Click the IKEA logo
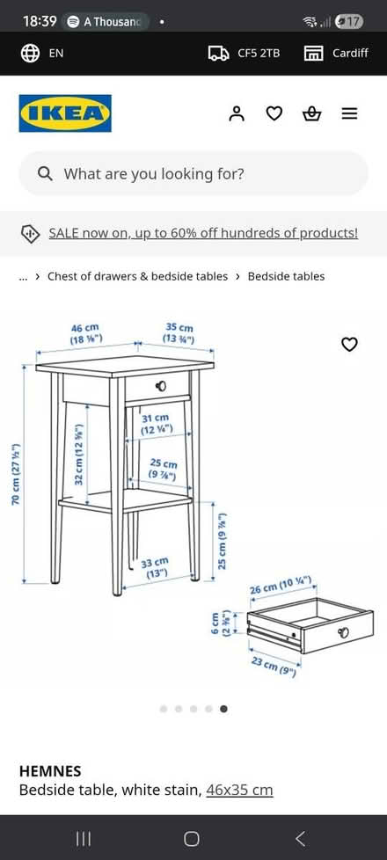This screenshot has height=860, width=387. pyautogui.click(x=65, y=113)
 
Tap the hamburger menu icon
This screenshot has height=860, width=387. pyautogui.click(x=349, y=113)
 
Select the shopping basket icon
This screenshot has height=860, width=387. pyautogui.click(x=311, y=113)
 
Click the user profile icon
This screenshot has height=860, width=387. pyautogui.click(x=236, y=113)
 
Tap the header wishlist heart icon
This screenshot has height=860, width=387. pyautogui.click(x=274, y=113)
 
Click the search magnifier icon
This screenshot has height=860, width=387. pyautogui.click(x=45, y=173)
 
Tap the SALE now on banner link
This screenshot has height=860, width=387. pyautogui.click(x=202, y=233)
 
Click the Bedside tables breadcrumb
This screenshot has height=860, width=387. pyautogui.click(x=286, y=276)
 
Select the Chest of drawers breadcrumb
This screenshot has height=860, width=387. pyautogui.click(x=137, y=276)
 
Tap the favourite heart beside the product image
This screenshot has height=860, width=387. pyautogui.click(x=349, y=344)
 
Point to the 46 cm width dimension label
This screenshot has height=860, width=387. pyautogui.click(x=85, y=333)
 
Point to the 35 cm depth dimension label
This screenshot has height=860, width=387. pyautogui.click(x=179, y=333)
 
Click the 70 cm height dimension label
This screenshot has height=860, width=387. pyautogui.click(x=16, y=474)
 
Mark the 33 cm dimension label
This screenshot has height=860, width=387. pyautogui.click(x=155, y=567)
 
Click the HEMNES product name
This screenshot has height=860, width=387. pyautogui.click(x=50, y=770)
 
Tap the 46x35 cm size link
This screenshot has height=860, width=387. pyautogui.click(x=239, y=790)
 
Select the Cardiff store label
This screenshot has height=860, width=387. pyautogui.click(x=350, y=53)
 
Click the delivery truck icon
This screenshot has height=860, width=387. pyautogui.click(x=218, y=53)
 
